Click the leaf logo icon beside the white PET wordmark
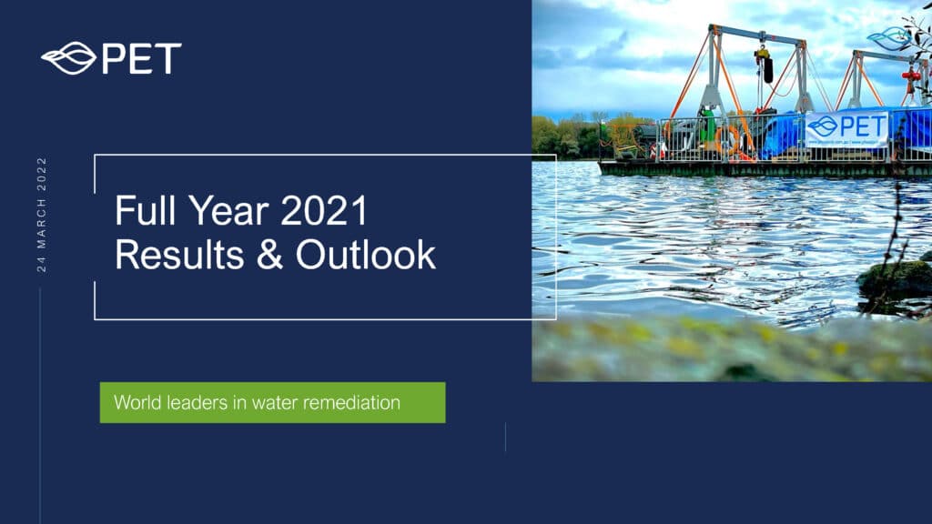[68, 58]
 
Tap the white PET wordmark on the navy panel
[141, 58]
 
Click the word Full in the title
[146, 210]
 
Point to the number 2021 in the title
[324, 210]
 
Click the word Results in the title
[179, 255]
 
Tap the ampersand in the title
[269, 255]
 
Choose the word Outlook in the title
[366, 255]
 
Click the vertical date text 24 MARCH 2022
[42, 215]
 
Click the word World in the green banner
[137, 402]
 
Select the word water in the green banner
[275, 403]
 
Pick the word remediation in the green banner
[351, 402]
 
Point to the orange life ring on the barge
[727, 140]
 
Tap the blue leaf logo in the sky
[887, 39]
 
